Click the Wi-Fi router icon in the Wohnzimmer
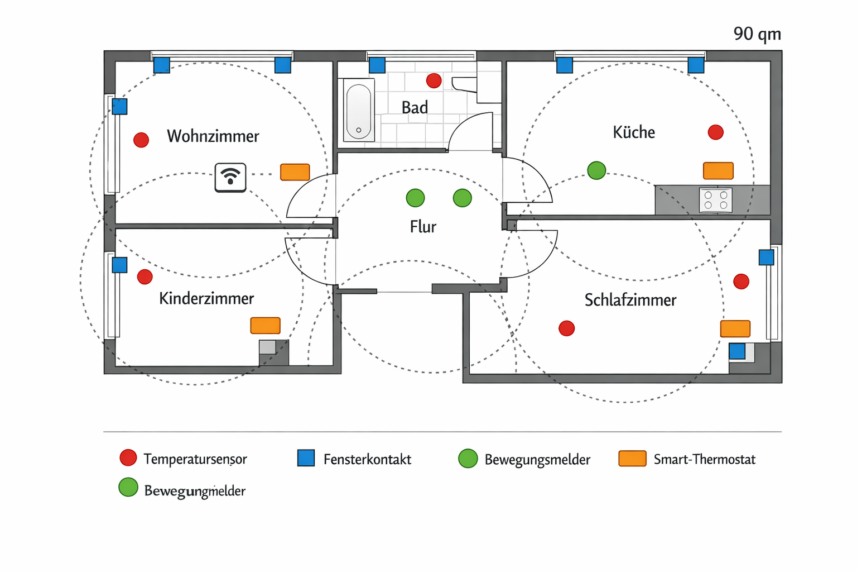tap(230, 178)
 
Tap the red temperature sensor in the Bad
tap(434, 80)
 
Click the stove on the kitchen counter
tap(715, 200)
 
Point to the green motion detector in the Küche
tap(596, 170)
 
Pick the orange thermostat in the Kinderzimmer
tap(265, 325)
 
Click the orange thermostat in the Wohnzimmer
tap(295, 172)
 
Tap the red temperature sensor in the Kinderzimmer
tap(145, 277)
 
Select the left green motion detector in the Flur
tap(415, 198)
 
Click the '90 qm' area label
tap(757, 34)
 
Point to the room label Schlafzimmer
tap(630, 300)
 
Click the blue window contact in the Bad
tap(377, 65)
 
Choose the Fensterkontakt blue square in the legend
tap(306, 458)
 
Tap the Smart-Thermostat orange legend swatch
tap(632, 459)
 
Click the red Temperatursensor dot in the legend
tap(128, 458)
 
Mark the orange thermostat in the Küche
tap(718, 170)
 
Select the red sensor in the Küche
tap(715, 132)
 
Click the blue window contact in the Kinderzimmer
tap(119, 265)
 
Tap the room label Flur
tap(422, 227)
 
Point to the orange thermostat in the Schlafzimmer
tap(735, 328)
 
